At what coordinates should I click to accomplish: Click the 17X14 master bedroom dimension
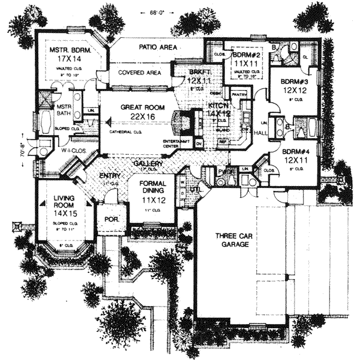click(x=73, y=60)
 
